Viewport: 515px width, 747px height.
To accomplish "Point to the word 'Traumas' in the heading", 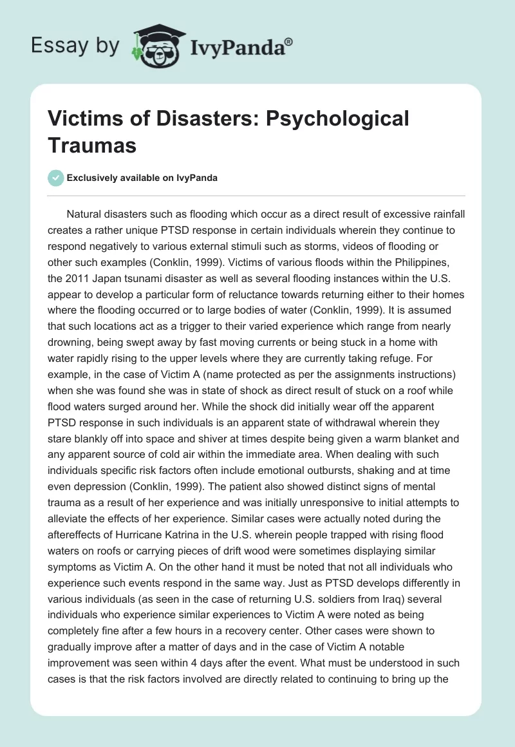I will click(93, 145).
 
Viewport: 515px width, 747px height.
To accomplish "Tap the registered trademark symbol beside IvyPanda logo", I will click(289, 42).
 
